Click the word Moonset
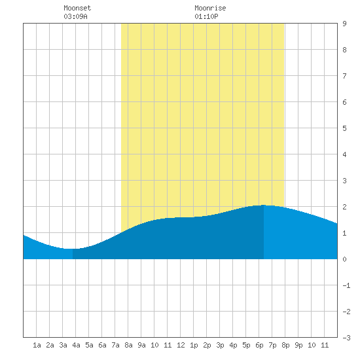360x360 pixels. [x=77, y=8]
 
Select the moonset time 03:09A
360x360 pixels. [x=75, y=16]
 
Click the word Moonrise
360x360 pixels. [x=210, y=8]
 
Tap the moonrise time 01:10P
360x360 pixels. [x=206, y=16]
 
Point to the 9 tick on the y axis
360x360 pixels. [x=344, y=24]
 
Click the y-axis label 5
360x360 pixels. [x=344, y=128]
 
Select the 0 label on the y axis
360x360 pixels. [x=344, y=259]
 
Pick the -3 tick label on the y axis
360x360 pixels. [x=346, y=338]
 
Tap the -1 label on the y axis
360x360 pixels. [x=346, y=285]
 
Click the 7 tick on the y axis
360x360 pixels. [x=344, y=76]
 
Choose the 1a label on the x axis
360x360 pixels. [x=37, y=345]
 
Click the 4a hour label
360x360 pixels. [x=76, y=345]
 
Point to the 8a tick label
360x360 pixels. [x=128, y=345]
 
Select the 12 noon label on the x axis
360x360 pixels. [x=181, y=345]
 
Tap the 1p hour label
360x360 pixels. [x=194, y=345]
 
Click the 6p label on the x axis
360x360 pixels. [x=259, y=345]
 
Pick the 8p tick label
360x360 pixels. [x=285, y=345]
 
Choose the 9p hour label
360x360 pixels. [x=298, y=345]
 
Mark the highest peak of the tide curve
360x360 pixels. [x=264, y=205]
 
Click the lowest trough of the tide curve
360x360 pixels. [x=69, y=249]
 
